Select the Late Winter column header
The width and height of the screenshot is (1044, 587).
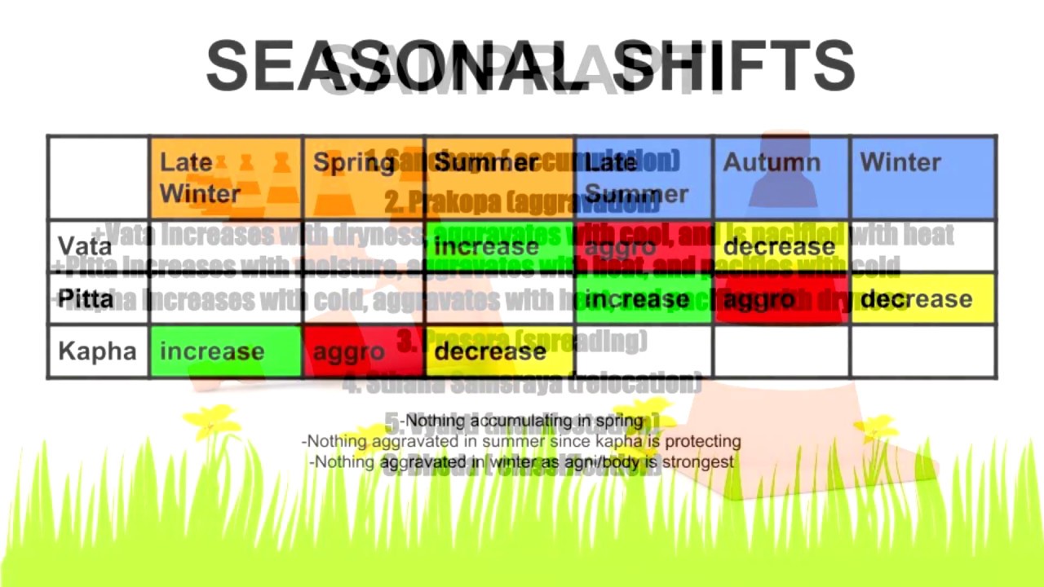click(x=226, y=178)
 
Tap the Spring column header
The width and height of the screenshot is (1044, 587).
click(x=364, y=178)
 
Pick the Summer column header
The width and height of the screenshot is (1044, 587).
click(x=500, y=178)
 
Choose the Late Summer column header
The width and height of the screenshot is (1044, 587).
click(x=644, y=178)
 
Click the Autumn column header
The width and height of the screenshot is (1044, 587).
click(x=781, y=178)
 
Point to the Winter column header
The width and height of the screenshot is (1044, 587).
click(x=922, y=178)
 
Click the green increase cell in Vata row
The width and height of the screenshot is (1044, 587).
click(x=500, y=246)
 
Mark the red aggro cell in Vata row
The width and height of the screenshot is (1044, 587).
click(x=644, y=246)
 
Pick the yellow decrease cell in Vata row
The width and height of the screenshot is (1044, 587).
click(x=781, y=246)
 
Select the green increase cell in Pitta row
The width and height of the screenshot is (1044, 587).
click(x=644, y=298)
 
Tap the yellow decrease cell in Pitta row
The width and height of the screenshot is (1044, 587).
click(x=922, y=298)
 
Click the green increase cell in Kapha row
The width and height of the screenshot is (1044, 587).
click(x=226, y=351)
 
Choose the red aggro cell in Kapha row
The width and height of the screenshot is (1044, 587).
click(x=364, y=351)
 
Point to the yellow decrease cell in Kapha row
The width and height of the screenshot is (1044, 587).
click(x=500, y=351)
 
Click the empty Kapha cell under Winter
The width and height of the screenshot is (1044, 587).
click(x=922, y=351)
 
